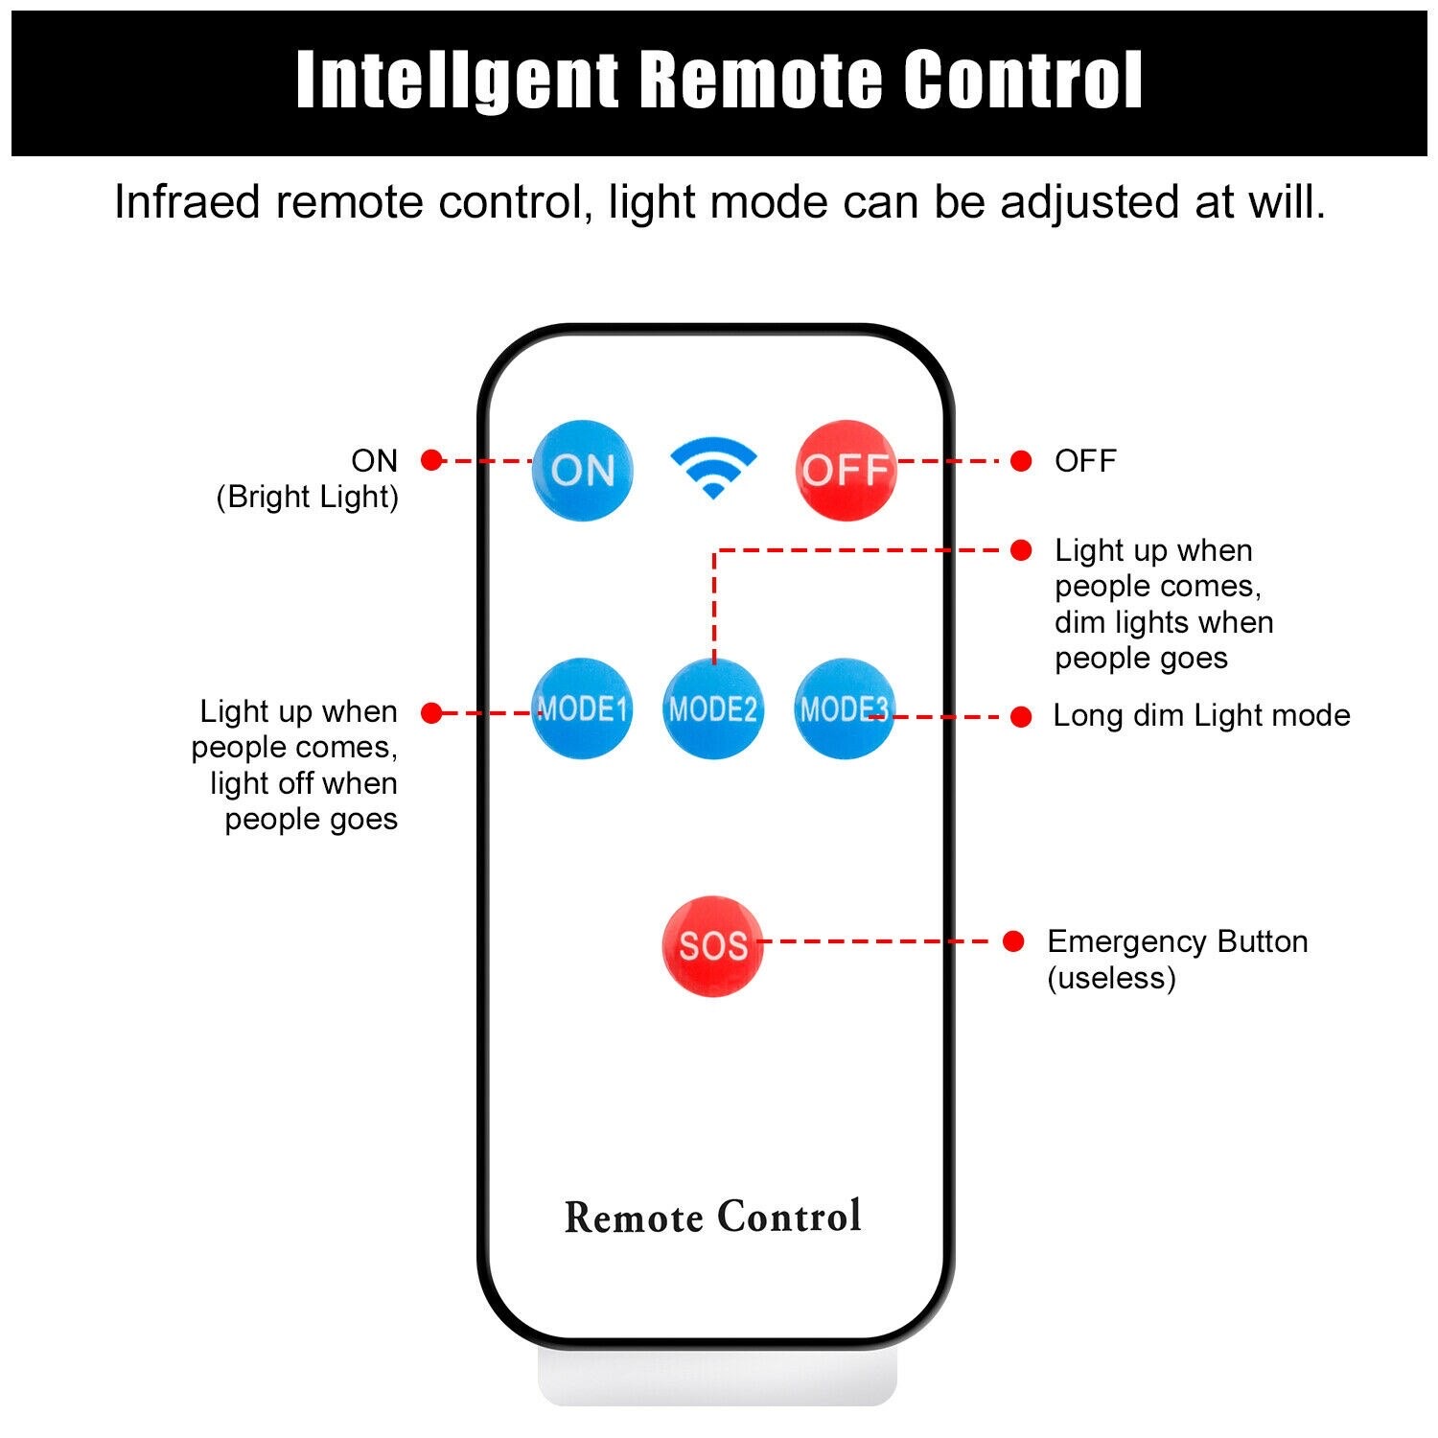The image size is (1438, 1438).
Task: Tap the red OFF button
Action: (x=846, y=470)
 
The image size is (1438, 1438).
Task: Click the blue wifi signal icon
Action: (x=713, y=468)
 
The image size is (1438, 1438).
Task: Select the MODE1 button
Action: (x=582, y=708)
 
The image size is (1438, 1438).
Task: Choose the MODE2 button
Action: (x=713, y=708)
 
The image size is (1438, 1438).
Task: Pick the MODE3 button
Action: (x=845, y=708)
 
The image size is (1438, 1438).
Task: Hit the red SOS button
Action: (x=713, y=946)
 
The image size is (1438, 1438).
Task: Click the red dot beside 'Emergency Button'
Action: (x=1013, y=941)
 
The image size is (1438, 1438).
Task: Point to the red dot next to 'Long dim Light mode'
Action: (x=1021, y=716)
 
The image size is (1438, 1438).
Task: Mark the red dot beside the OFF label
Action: (x=1021, y=461)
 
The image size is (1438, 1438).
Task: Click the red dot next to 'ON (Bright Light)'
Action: (x=431, y=460)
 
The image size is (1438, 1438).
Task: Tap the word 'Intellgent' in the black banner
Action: (x=457, y=81)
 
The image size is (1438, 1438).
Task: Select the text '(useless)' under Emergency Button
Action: (x=1111, y=979)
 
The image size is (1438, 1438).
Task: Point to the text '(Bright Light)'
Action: (x=307, y=498)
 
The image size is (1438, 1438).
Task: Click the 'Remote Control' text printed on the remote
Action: (x=713, y=1217)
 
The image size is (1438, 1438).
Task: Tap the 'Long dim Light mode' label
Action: (x=1201, y=715)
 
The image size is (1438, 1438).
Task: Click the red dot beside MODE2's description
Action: (x=1021, y=550)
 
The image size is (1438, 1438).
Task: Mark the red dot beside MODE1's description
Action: (x=431, y=712)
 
